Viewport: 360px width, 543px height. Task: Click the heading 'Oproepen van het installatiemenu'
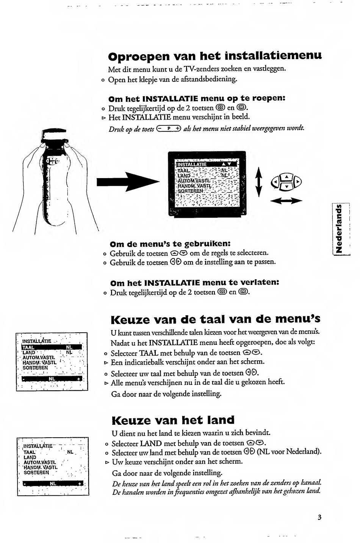215,56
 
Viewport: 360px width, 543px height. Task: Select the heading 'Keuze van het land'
173,420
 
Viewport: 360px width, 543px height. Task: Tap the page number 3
319,518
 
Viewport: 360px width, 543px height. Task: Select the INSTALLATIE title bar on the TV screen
207,164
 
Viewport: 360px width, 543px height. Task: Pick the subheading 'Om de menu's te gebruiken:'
170,243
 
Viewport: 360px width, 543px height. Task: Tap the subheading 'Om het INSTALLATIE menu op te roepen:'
197,98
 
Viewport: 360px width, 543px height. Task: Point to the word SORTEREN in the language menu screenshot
35,368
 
